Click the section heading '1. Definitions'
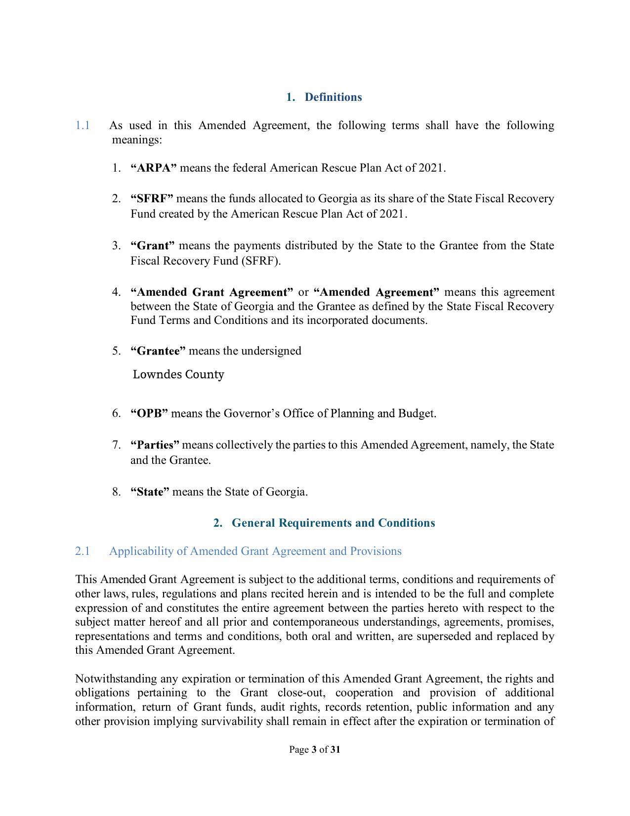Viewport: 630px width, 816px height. tap(324, 97)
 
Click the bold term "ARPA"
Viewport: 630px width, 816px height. tap(154, 168)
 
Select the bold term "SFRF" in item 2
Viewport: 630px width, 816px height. tap(152, 199)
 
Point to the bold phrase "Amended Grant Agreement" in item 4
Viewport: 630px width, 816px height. tap(212, 292)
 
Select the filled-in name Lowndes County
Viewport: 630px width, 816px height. tap(178, 374)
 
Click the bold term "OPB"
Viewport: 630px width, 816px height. tap(149, 413)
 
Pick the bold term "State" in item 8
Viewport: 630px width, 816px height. tap(150, 492)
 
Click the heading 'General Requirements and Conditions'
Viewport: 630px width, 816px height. tap(333, 523)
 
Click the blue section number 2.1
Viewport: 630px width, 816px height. tap(83, 551)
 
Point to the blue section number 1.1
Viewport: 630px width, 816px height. tap(83, 126)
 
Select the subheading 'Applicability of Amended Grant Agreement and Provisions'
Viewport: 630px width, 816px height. tap(255, 551)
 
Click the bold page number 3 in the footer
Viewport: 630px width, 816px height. tap(314, 750)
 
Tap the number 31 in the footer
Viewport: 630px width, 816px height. tap(335, 750)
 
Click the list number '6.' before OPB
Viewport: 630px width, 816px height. tap(117, 413)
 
